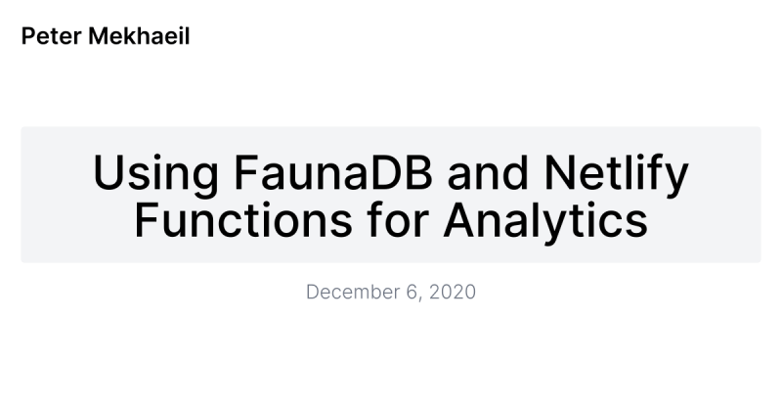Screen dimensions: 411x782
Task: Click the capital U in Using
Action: pos(108,173)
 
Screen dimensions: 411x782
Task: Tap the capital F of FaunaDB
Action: pos(245,173)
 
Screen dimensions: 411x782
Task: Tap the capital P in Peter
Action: pos(27,37)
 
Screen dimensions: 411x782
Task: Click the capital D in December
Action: pos(313,292)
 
